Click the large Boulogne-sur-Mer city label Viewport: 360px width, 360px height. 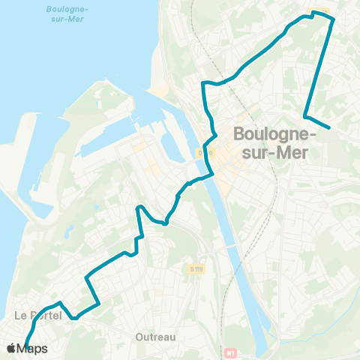coord(274,142)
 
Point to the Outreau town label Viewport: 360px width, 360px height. coord(155,337)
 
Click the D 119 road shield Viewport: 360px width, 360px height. coord(197,268)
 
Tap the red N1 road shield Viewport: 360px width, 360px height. coord(229,352)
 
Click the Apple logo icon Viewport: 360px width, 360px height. coord(11,348)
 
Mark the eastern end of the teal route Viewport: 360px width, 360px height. coord(328,127)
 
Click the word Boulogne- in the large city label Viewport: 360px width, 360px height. coord(274,134)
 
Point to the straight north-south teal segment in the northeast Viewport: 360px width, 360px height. coord(319,67)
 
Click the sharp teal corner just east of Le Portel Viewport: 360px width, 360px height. coord(74,317)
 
